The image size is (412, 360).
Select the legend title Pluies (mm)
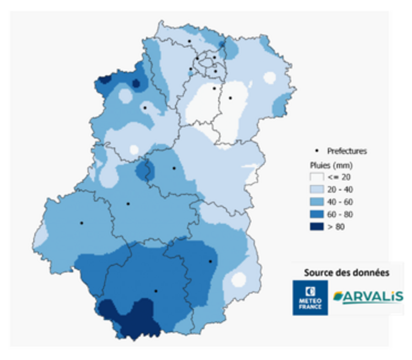pos(330,165)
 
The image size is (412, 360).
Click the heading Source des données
pos(346,272)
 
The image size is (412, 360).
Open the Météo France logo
pos(310,298)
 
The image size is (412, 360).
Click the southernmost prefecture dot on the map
pos(156,291)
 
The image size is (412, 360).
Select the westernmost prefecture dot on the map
pos(82,223)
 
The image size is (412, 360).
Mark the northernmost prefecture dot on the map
pos(189,41)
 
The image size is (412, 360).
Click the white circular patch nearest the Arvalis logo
pos(238,280)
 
